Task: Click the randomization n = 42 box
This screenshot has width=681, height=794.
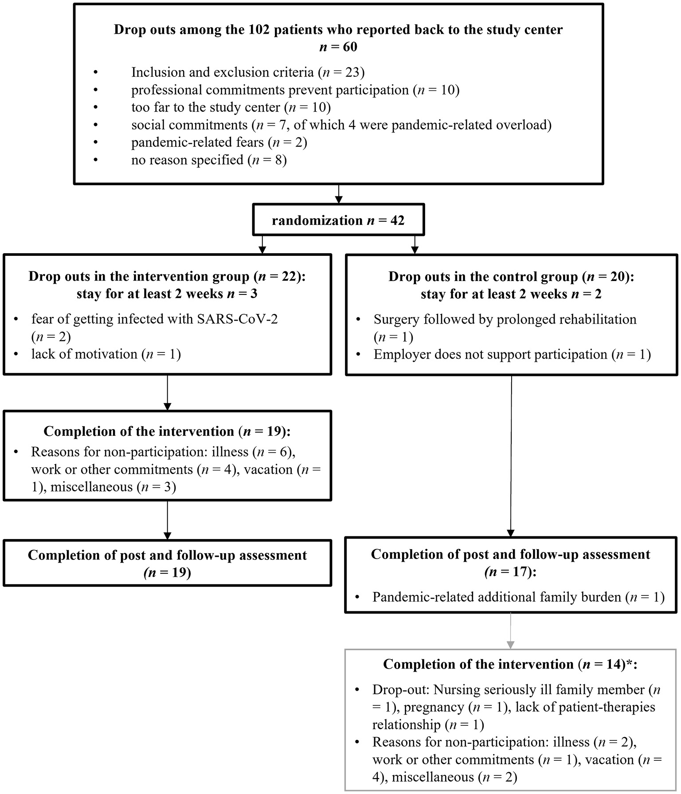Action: pos(338,220)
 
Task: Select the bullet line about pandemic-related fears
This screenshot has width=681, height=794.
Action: pos(219,142)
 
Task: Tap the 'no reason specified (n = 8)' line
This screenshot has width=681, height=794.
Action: pos(209,160)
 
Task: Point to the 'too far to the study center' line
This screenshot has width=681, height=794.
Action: pos(231,107)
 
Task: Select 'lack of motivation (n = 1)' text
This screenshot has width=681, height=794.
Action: pos(106,354)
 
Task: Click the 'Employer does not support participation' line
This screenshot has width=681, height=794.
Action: pos(512,354)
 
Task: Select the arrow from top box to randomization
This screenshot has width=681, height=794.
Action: pos(338,194)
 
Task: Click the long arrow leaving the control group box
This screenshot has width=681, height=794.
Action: pos(511,457)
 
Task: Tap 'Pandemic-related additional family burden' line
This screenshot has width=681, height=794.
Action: pos(518,597)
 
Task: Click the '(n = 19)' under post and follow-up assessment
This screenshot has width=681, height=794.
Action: pos(167,573)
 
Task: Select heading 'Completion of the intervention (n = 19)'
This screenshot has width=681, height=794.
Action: pos(167,431)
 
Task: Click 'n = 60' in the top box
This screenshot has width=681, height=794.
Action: pos(338,47)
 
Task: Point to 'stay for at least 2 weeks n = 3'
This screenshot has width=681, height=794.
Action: pos(167,294)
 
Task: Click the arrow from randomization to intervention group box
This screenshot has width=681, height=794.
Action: pos(262,244)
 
